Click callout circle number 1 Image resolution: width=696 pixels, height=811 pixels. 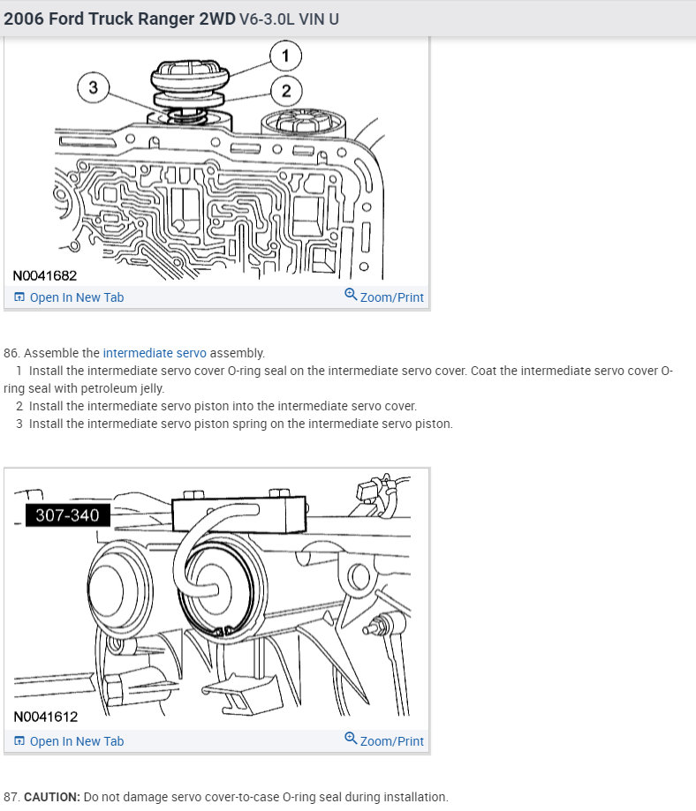[x=285, y=56]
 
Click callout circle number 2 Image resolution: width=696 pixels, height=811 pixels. [x=285, y=89]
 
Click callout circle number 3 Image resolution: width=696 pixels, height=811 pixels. [x=94, y=86]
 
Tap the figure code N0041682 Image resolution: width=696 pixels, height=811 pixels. [x=45, y=275]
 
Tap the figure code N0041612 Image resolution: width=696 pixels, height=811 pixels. [x=45, y=717]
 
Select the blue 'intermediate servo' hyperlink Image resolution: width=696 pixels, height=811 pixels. [x=155, y=353]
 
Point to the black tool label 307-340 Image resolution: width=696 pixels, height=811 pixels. [x=68, y=514]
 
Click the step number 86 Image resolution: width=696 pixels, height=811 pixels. [x=11, y=353]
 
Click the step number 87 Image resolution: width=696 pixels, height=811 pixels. [x=11, y=797]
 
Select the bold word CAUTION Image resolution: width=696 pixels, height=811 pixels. [x=51, y=797]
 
